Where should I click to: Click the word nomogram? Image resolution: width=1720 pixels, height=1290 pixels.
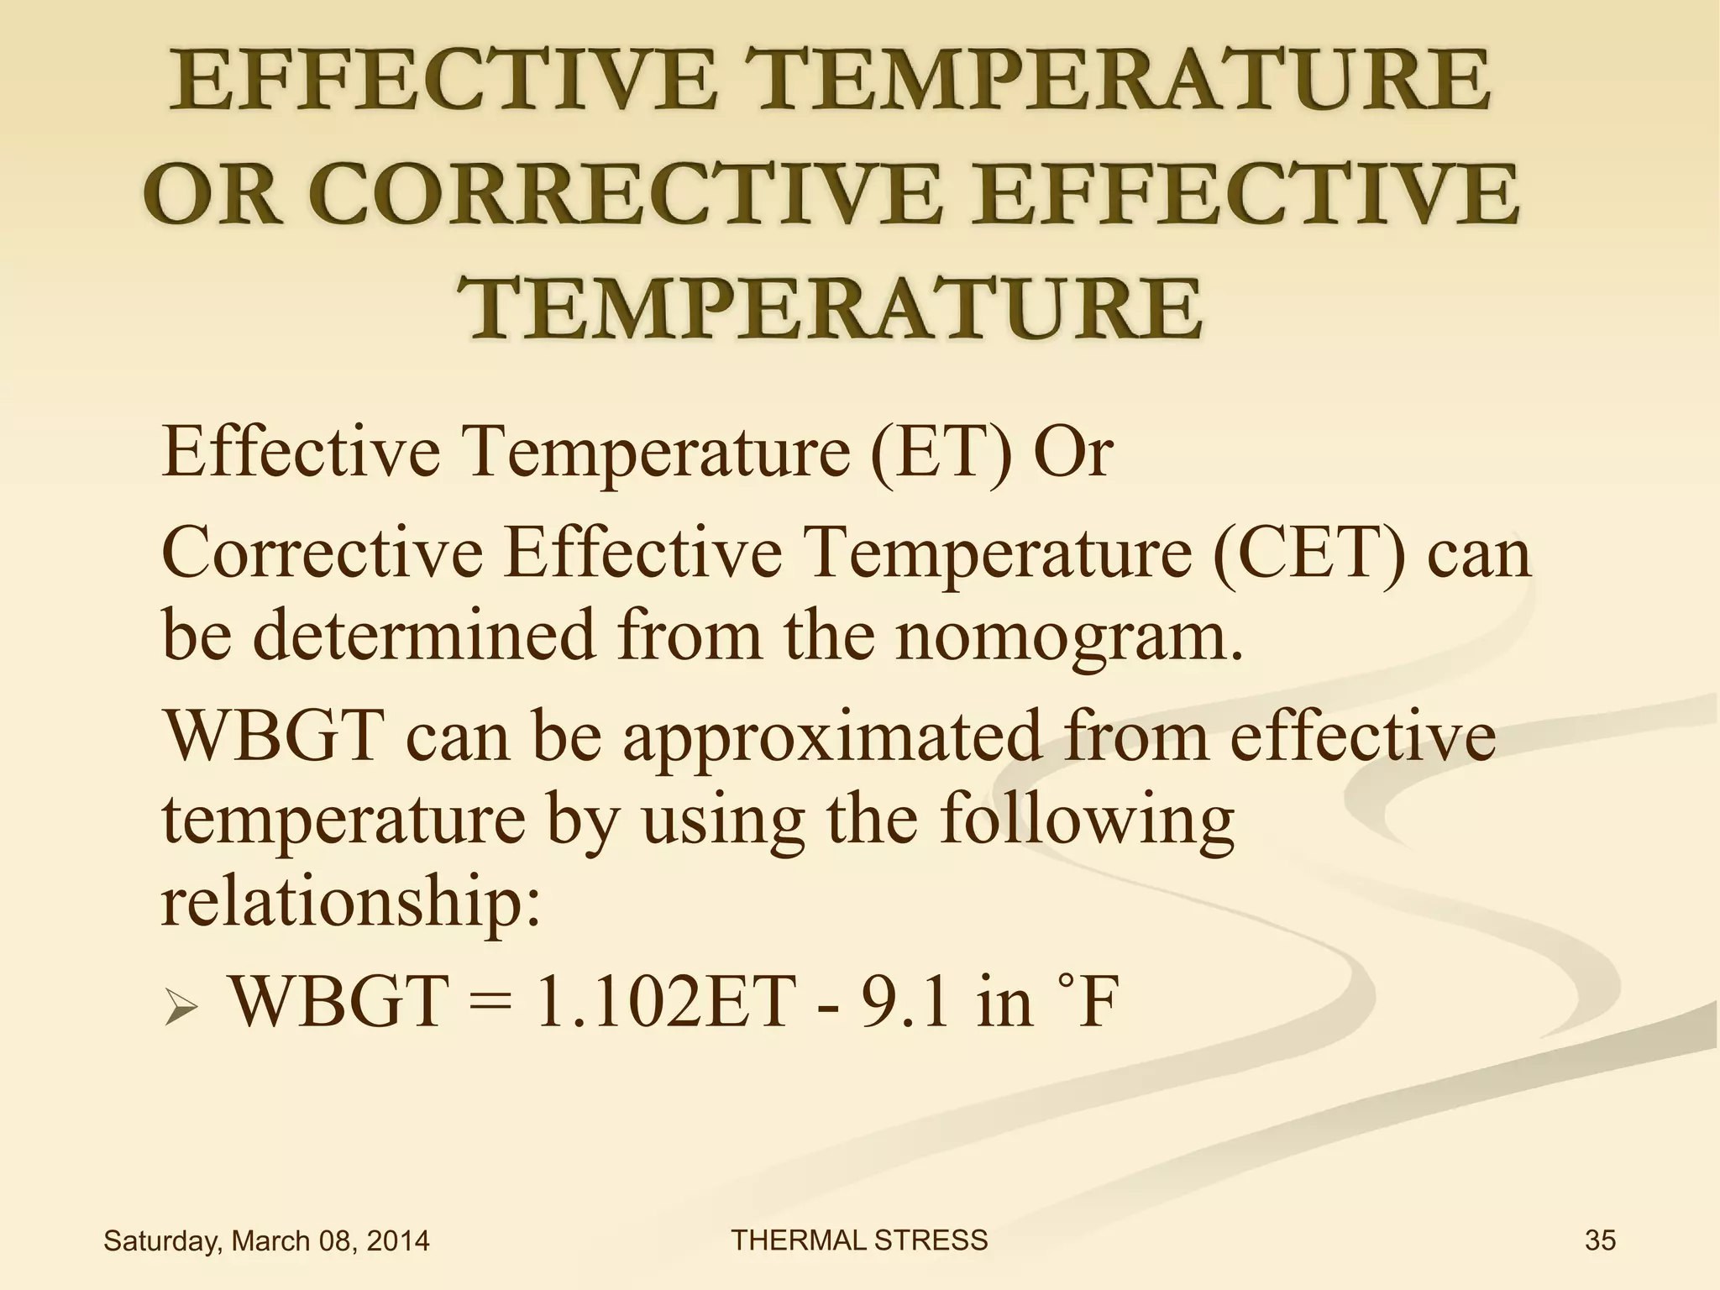pos(1067,635)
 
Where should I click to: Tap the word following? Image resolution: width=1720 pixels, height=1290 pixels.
pos(1087,821)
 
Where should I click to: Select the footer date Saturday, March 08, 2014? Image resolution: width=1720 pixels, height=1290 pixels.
pos(266,1240)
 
